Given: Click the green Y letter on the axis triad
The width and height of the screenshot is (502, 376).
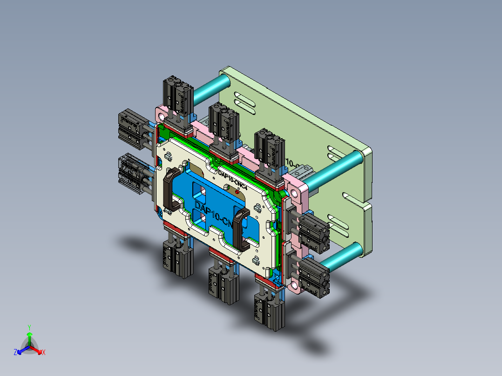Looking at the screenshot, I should tap(29, 327).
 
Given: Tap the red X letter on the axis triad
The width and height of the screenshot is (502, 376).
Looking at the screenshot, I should tap(44, 353).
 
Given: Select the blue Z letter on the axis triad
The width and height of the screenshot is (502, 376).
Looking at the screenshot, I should tap(15, 353).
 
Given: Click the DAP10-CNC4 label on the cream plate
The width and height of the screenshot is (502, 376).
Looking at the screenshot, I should tap(235, 178).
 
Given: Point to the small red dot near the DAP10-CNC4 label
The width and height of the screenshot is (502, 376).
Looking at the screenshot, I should tap(237, 191).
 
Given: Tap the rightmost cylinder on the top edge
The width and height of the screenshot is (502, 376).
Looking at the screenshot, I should tap(270, 149).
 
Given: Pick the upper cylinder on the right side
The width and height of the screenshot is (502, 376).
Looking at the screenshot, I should tap(313, 229).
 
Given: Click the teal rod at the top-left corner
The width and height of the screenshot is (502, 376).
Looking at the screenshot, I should tap(211, 91).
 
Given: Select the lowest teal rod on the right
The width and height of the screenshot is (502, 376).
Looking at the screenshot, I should tap(345, 257).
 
